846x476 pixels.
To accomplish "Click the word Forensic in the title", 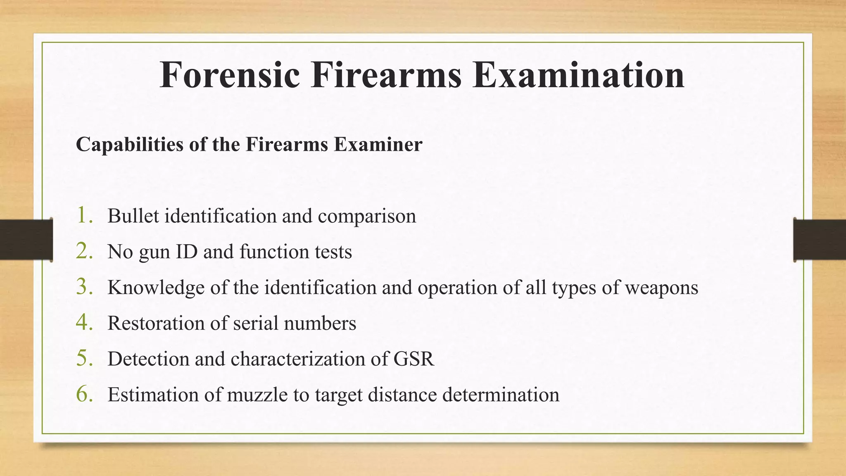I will (x=230, y=75).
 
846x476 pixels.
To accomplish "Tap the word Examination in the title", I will (x=578, y=75).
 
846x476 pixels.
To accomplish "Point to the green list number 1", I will (x=84, y=216).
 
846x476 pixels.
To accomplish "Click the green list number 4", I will (x=84, y=323).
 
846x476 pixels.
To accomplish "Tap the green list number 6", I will (x=84, y=394).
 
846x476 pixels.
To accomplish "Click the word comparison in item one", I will (x=366, y=216).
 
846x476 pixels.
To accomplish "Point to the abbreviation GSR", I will (x=413, y=359).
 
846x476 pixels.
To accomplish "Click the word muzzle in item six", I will (x=257, y=395).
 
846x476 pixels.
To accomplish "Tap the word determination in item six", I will (x=501, y=395).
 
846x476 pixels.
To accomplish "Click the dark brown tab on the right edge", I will (x=820, y=240).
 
